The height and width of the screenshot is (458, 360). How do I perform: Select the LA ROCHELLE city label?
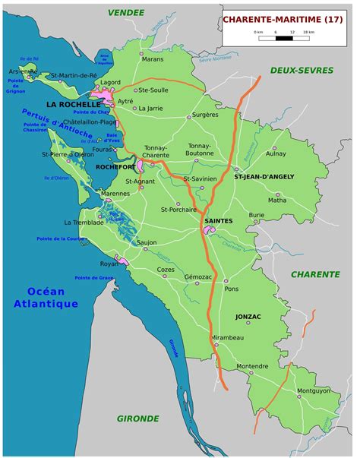pyautogui.click(x=73, y=103)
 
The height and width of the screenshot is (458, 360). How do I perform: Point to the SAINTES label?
pyautogui.click(x=218, y=220)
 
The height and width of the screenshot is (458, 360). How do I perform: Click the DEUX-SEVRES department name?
pyautogui.click(x=302, y=70)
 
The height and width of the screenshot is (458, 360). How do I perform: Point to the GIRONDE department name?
pyautogui.click(x=137, y=418)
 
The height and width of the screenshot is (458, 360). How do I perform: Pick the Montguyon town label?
pyautogui.click(x=314, y=390)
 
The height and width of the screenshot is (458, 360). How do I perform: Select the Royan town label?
pyautogui.click(x=110, y=264)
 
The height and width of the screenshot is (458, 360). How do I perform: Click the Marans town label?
pyautogui.click(x=153, y=58)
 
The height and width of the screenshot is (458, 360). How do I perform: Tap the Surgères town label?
pyautogui.click(x=204, y=115)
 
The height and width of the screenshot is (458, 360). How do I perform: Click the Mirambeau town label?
pyautogui.click(x=227, y=336)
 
